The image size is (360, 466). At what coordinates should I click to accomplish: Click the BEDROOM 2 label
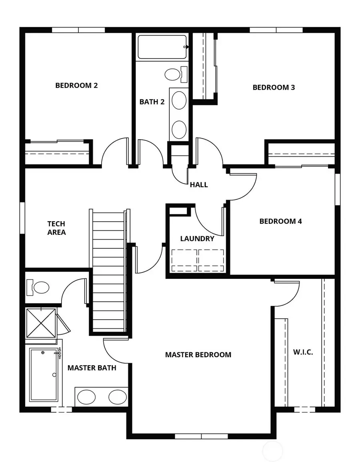(76, 85)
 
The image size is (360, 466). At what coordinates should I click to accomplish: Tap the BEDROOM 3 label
(274, 87)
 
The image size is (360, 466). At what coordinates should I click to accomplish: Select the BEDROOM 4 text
(280, 221)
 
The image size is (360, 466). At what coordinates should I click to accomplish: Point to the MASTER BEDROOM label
(198, 355)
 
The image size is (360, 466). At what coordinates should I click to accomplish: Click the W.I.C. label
(303, 352)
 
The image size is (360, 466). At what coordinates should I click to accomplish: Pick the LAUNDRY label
(197, 239)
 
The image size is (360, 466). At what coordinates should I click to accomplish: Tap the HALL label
(199, 185)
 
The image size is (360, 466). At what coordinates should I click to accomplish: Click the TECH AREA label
(56, 228)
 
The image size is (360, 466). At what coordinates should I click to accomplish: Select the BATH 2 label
(152, 102)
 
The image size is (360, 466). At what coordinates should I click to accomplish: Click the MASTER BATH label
(92, 368)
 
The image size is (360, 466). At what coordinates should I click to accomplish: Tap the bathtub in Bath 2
(162, 47)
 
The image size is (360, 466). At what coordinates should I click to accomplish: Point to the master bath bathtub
(44, 375)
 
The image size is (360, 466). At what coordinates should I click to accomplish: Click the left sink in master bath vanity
(86, 397)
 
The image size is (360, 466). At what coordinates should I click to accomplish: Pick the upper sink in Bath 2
(179, 99)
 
